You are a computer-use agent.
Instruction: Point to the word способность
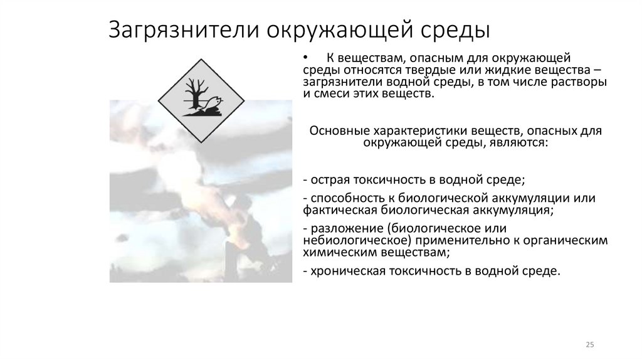pos(341,198)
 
